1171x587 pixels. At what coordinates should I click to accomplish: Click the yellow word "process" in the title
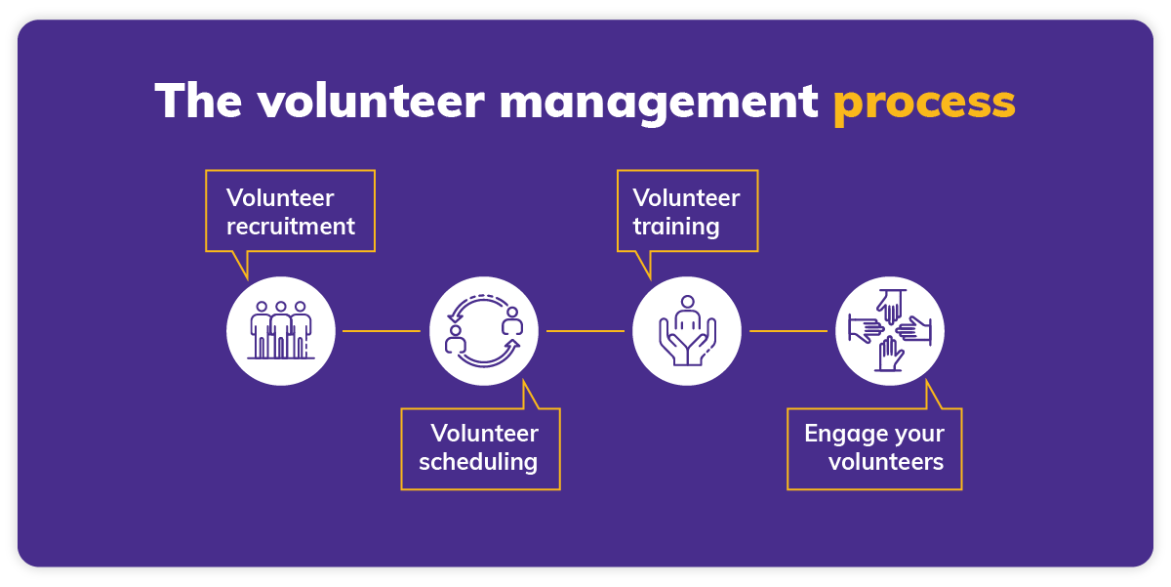click(923, 102)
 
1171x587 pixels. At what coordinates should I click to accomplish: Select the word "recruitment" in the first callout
click(291, 227)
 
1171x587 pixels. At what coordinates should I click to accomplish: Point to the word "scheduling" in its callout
click(478, 461)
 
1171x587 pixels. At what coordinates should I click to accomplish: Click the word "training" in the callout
click(676, 227)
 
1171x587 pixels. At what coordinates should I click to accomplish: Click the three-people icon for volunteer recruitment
click(281, 331)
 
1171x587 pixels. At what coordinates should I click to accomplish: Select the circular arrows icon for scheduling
click(484, 331)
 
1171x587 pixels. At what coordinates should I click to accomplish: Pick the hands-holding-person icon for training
click(687, 331)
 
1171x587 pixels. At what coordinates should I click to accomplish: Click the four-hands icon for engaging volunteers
click(890, 331)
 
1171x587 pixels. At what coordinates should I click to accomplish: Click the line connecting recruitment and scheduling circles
click(382, 331)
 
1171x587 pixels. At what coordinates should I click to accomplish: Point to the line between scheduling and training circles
click(585, 331)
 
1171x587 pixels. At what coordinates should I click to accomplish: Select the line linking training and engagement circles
click(788, 331)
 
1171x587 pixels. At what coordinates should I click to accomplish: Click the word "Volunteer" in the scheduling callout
click(485, 433)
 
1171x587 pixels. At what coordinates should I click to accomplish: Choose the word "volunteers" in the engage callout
click(886, 461)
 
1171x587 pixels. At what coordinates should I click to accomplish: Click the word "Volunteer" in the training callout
click(686, 198)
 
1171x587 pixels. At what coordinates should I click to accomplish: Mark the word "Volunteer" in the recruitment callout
click(280, 198)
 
